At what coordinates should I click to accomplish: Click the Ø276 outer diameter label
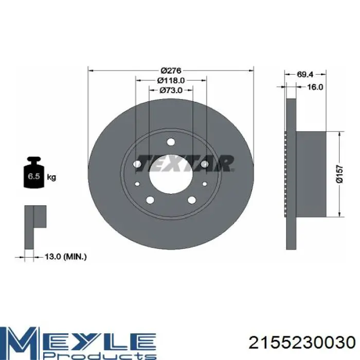pos(171,70)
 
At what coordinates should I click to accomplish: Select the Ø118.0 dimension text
pos(171,80)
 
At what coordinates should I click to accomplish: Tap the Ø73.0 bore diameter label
pos(171,91)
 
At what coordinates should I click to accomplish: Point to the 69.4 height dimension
pos(305,74)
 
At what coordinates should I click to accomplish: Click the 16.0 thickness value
pos(315,87)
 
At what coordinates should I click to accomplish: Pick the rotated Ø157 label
pos(340,174)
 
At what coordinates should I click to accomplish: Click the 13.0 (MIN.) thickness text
pos(65,257)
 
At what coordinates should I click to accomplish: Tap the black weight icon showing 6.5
pos(34,172)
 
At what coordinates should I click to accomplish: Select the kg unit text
pos(51,177)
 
